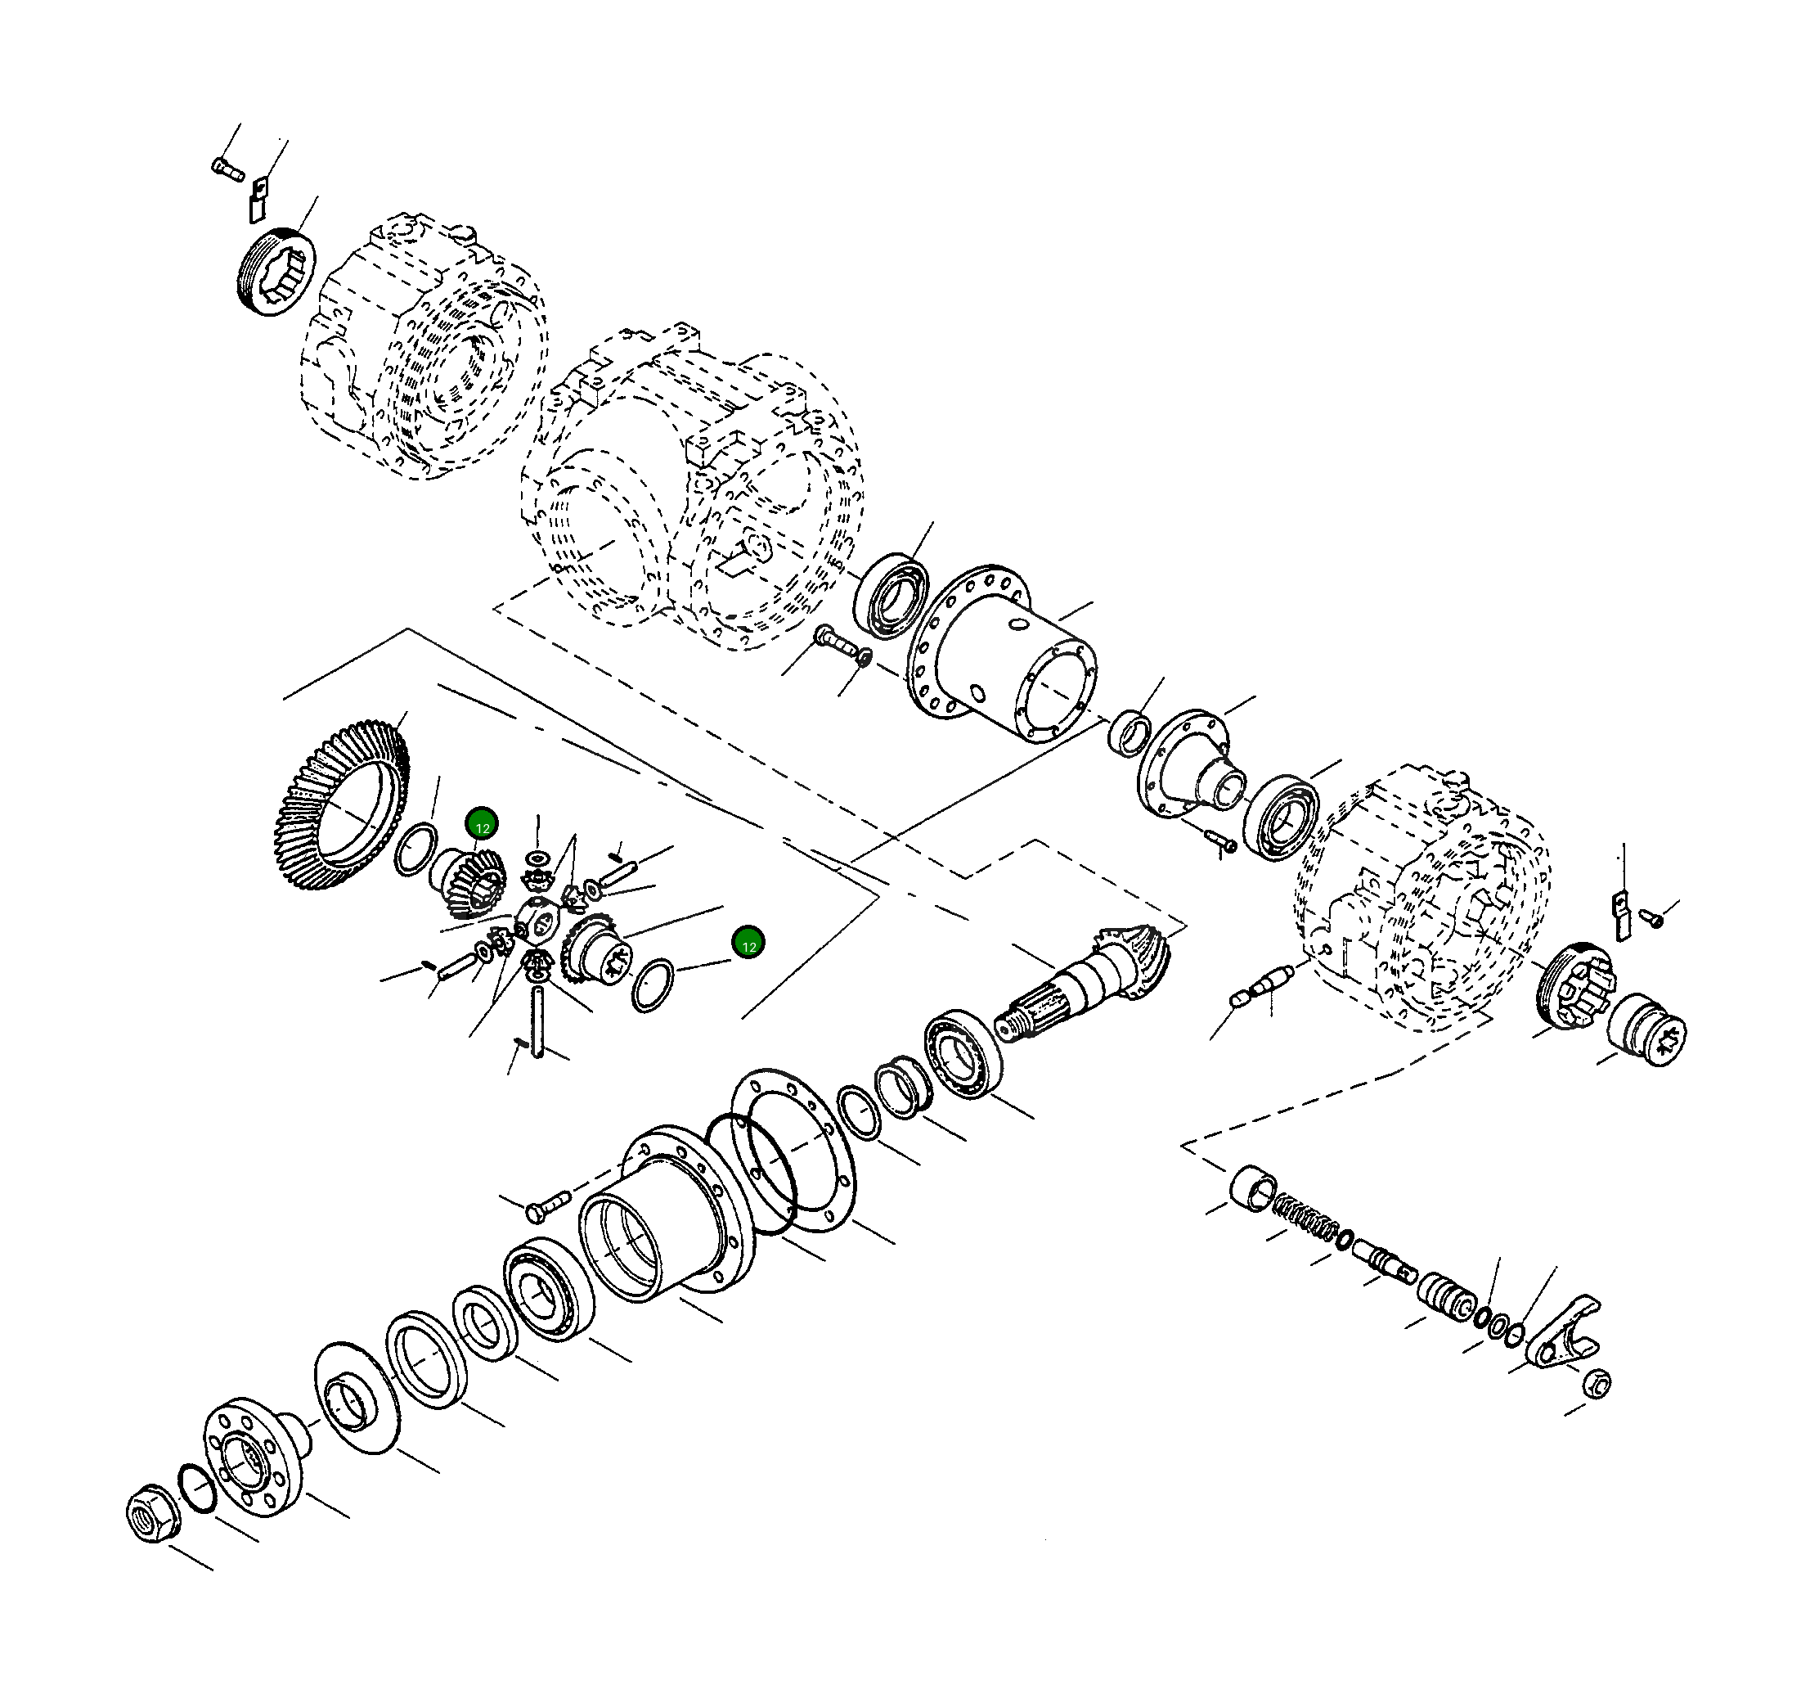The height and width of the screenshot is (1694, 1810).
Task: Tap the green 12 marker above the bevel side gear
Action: pos(482,825)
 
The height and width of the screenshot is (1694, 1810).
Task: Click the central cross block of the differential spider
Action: pos(539,917)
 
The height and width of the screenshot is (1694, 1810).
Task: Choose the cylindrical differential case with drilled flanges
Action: pos(1001,654)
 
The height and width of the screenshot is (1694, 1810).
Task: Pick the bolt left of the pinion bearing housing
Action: pos(547,1204)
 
